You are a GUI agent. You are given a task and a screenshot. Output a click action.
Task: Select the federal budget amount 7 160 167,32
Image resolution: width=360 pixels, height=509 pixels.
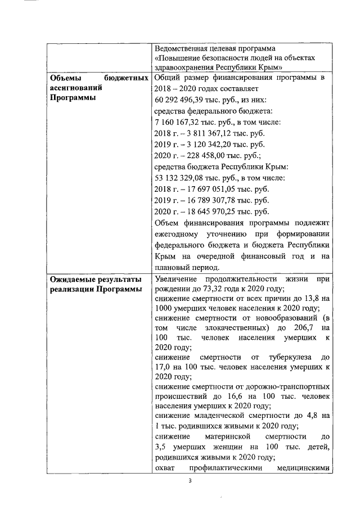tap(174, 122)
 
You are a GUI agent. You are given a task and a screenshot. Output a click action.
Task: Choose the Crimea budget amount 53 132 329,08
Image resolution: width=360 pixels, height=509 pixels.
tap(177, 178)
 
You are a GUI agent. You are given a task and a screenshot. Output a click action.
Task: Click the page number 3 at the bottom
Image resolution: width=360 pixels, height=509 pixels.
tap(191, 481)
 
